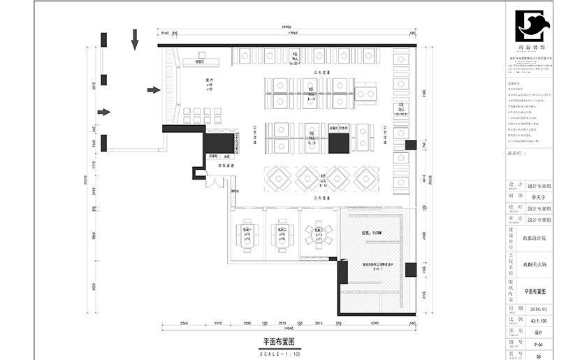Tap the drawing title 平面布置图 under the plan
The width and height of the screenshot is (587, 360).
278,342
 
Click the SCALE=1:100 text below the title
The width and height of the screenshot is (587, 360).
278,354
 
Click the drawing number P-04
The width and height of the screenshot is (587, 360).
539,343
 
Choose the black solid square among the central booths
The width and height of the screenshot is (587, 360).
339,143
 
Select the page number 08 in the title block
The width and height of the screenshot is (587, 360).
539,355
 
